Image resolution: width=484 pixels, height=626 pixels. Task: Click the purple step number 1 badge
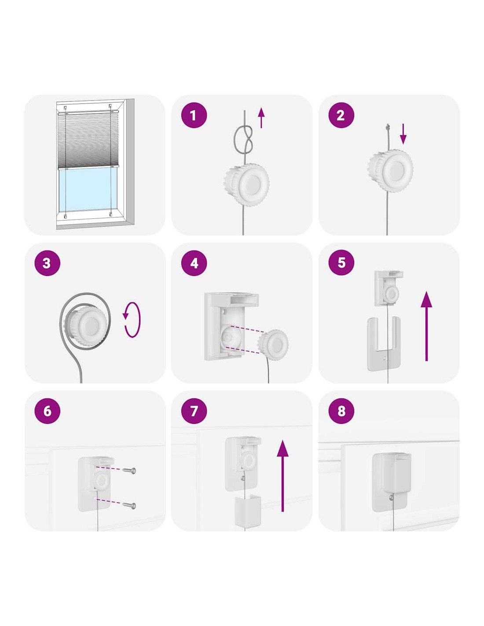pos(194,115)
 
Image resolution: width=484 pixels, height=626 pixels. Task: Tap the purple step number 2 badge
pos(341,115)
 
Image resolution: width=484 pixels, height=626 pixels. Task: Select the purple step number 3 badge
pos(47,263)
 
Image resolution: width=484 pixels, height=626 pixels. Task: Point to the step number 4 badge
pos(194,263)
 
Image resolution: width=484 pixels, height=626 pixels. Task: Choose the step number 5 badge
pos(341,263)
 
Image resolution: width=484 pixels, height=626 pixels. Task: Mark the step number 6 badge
pos(47,411)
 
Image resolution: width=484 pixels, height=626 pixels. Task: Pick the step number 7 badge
pos(194,411)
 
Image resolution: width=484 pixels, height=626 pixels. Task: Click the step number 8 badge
pos(341,411)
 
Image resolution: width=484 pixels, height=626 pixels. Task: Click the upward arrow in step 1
pos(261,118)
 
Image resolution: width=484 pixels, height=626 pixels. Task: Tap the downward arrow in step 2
pos(403,134)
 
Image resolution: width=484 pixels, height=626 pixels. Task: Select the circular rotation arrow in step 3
pos(132,320)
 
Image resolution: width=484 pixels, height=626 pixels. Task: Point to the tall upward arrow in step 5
pos(426,326)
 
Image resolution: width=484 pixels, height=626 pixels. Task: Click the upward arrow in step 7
pos(282,475)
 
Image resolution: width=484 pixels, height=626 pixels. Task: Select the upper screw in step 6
pos(129,470)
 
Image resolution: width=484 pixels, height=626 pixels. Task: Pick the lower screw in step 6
pos(129,505)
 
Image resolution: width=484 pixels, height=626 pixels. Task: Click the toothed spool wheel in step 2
pos(391,170)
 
